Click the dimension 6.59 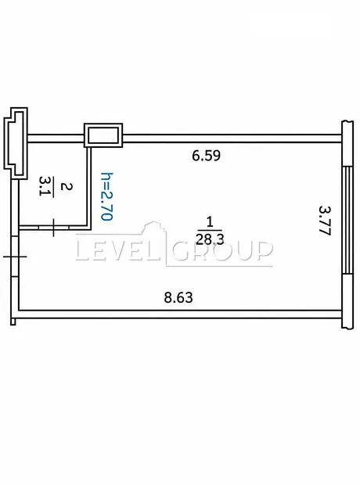coord(206,155)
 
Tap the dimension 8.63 coord(178,297)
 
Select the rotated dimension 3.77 coord(325,221)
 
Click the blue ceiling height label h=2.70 coord(106,196)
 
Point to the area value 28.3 coord(210,239)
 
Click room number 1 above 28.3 coord(211,222)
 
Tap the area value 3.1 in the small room coord(45,186)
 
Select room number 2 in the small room coord(67,186)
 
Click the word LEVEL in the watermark coord(119,250)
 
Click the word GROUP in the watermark coord(222,250)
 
